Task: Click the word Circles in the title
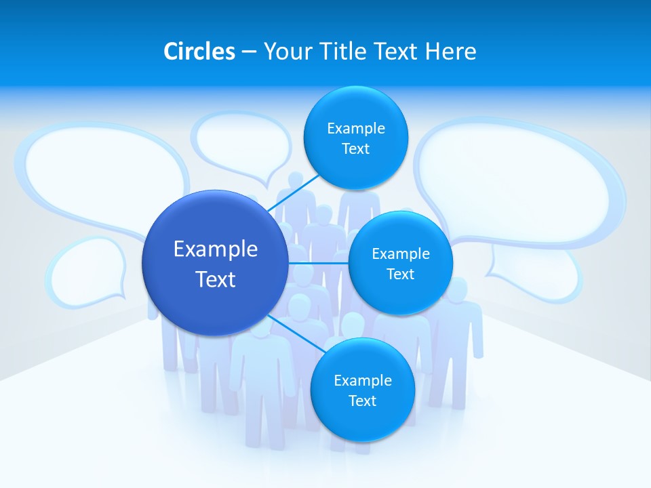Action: point(199,52)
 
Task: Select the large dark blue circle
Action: point(215,263)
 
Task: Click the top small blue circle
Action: point(355,138)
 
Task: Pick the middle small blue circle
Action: point(400,263)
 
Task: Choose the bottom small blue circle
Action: point(362,390)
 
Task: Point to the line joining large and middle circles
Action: point(318,263)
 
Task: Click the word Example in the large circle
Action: point(216,249)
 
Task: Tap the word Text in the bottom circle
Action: point(362,401)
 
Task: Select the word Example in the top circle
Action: point(356,128)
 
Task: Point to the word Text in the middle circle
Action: point(400,274)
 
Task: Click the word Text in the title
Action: point(397,52)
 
